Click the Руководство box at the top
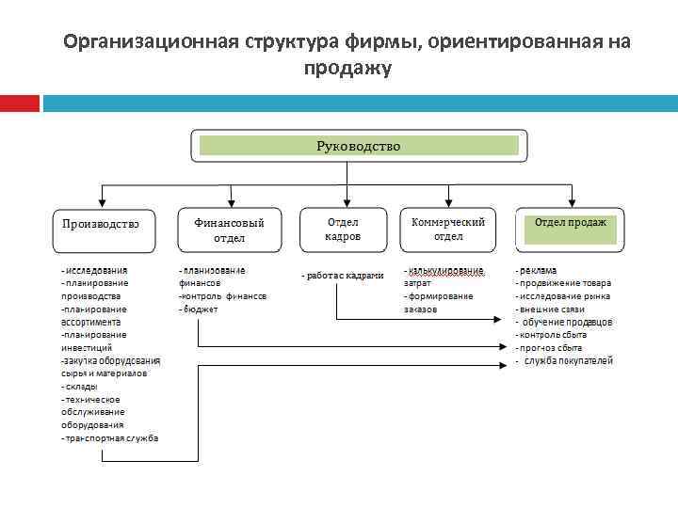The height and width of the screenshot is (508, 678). coord(358,146)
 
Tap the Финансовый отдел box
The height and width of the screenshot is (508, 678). coord(229,230)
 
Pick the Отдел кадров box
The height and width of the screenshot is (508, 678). coord(343,230)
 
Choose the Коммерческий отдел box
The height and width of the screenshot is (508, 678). coord(448,229)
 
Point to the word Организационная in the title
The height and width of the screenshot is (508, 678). coord(151,42)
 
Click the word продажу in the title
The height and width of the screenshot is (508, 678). coord(347,69)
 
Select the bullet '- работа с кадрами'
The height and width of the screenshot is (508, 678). coord(343,276)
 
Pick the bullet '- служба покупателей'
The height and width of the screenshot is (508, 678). coord(565,360)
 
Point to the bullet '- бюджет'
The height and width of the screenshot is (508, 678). coord(199,309)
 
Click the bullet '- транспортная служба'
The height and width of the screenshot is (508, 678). coord(109,438)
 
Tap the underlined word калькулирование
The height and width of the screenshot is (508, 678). coord(444,270)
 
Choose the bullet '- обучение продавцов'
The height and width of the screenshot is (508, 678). coord(564,322)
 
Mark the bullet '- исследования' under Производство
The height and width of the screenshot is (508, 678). coord(94,270)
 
